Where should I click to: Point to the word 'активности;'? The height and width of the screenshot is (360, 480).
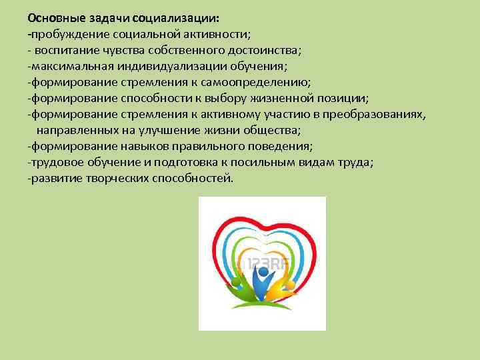coord(221,34)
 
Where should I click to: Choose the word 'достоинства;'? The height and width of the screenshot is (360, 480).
coord(269,50)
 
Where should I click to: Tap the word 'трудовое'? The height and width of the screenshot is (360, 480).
coord(54,163)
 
